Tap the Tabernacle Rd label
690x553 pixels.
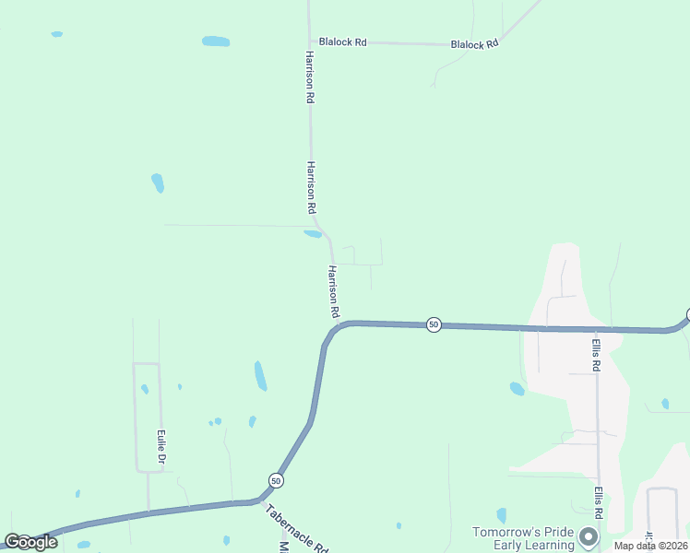tap(297, 528)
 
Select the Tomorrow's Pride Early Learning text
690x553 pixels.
tap(523, 538)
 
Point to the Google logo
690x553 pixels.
tap(30, 542)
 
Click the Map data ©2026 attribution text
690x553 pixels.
tap(650, 546)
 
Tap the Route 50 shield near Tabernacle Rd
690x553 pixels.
tap(276, 480)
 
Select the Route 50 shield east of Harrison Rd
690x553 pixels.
tap(434, 324)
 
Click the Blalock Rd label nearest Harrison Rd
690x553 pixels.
tap(342, 41)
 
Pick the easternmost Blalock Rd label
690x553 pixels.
tap(474, 43)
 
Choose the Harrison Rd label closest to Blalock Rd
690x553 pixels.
tap(311, 76)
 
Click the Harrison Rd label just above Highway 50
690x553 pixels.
tap(333, 291)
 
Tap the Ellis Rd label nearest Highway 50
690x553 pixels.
tap(597, 353)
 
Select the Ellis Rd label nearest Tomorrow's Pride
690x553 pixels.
tap(598, 502)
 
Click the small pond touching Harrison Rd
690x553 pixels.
tap(313, 234)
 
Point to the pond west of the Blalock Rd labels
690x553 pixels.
tap(216, 41)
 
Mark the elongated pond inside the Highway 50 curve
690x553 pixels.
tap(260, 375)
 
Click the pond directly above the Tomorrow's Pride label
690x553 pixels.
tap(502, 514)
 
